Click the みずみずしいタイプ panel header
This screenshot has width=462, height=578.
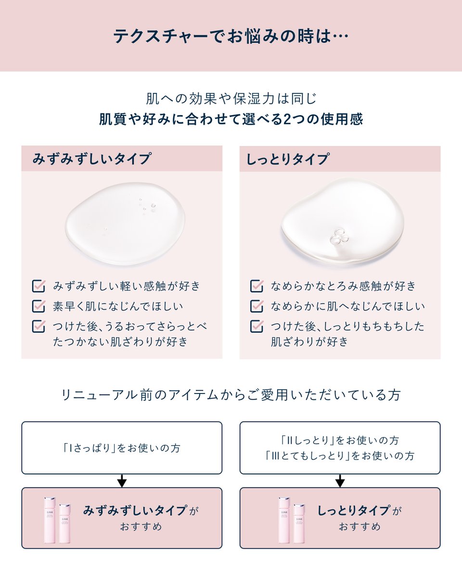click(91, 158)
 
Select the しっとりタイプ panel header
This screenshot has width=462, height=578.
click(288, 159)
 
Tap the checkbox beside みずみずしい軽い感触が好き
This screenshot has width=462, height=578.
click(38, 286)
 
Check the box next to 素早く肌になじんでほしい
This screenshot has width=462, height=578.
click(38, 306)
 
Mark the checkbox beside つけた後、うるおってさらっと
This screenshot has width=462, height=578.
click(38, 326)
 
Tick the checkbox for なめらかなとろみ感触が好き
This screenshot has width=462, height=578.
click(257, 286)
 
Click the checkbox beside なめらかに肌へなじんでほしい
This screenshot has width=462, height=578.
click(257, 306)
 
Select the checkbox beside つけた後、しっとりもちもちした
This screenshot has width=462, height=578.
click(257, 326)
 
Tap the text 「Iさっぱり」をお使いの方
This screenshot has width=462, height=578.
click(121, 448)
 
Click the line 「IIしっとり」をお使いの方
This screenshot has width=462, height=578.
click(340, 440)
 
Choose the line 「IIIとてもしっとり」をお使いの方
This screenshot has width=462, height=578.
click(340, 456)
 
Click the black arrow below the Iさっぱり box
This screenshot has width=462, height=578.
click(122, 481)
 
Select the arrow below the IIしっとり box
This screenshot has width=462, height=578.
click(340, 481)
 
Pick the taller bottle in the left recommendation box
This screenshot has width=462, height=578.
click(50, 520)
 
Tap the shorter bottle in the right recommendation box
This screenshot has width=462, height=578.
click(299, 524)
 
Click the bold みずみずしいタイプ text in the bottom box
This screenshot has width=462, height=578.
click(135, 511)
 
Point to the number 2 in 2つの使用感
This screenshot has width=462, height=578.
click(287, 119)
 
